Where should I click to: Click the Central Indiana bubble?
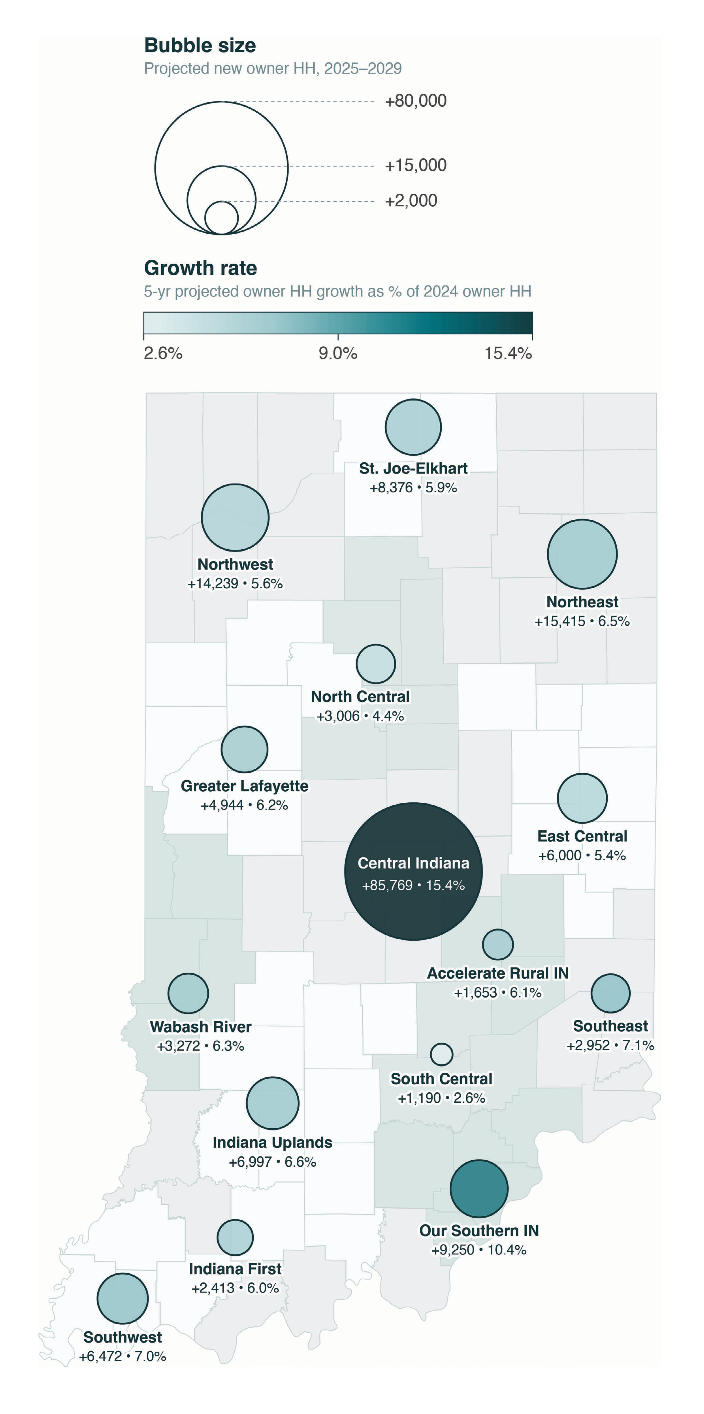pyautogui.click(x=413, y=871)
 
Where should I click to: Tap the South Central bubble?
pyautogui.click(x=441, y=1054)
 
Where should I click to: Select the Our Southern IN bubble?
pyautogui.click(x=479, y=1188)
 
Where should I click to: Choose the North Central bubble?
pyautogui.click(x=376, y=664)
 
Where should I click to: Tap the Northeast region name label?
pyautogui.click(x=582, y=602)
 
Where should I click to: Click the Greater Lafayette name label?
pyautogui.click(x=244, y=786)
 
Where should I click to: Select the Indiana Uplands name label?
pyautogui.click(x=272, y=1142)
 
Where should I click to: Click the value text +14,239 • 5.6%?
pyautogui.click(x=235, y=583)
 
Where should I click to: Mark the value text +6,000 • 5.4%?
pyautogui.click(x=582, y=855)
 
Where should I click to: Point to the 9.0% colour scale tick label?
pyautogui.click(x=338, y=353)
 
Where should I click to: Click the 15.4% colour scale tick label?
pyautogui.click(x=508, y=353)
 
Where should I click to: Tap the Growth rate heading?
pyautogui.click(x=200, y=268)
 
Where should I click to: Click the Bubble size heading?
pyautogui.click(x=200, y=45)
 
